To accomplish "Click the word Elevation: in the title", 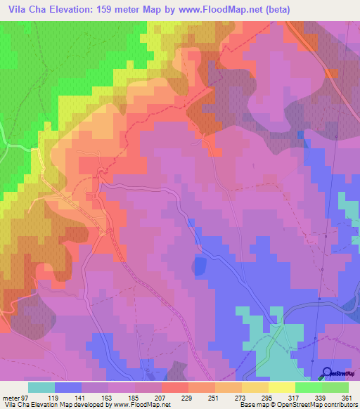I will (x=75, y=8).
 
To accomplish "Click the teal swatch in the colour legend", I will (x=41, y=388).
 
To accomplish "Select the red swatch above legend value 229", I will (x=175, y=388).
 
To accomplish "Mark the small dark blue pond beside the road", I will (x=199, y=266).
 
